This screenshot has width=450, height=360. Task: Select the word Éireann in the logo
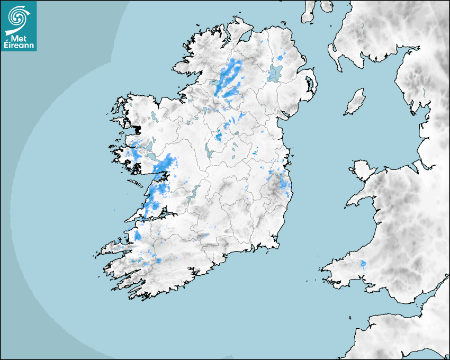[19, 46]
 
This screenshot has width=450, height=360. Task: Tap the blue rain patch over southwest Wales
[363, 264]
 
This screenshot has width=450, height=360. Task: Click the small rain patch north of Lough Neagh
[281, 56]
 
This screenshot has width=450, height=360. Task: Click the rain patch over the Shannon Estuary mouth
[137, 235]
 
